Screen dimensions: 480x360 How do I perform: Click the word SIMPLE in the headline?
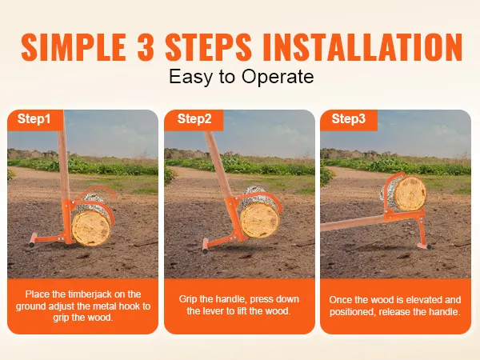coord(74,47)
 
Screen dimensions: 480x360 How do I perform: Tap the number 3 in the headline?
coord(146,47)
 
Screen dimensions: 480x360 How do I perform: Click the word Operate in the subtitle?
coord(278,77)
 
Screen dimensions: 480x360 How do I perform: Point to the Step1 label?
coord(34,118)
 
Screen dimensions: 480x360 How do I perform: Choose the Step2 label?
coord(194,118)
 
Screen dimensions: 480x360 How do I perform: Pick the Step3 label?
coord(348,118)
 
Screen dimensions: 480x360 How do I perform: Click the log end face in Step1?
coord(92,228)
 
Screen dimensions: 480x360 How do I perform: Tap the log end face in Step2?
coord(260,221)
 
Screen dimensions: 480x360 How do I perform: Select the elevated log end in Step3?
coord(410,194)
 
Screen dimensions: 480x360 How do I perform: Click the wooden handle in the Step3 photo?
coord(353,223)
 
